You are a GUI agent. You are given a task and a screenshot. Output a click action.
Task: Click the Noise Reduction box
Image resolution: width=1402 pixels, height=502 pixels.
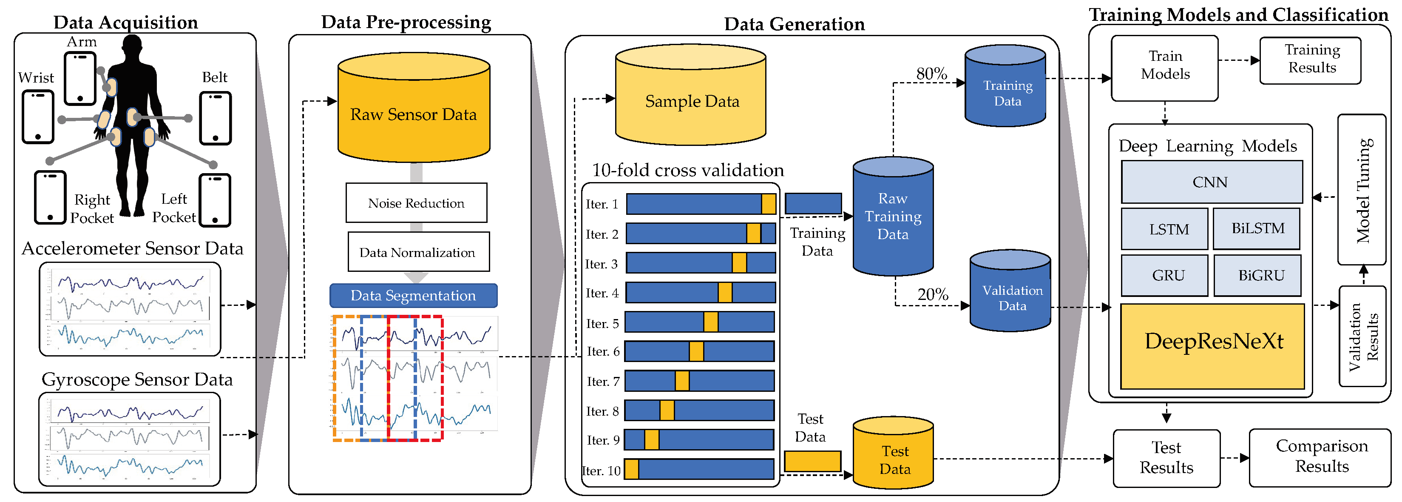(416, 203)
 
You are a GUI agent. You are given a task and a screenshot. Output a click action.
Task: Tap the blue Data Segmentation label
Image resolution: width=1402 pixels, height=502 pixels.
(413, 295)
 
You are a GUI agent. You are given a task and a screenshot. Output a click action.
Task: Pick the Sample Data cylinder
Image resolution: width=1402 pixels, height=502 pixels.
(691, 101)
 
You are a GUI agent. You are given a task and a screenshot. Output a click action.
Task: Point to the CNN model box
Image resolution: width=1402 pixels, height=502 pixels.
(1211, 182)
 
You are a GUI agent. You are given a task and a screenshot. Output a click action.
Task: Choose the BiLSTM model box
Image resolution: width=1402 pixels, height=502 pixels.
(1257, 228)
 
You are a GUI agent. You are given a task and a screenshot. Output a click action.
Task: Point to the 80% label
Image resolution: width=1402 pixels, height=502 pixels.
(931, 74)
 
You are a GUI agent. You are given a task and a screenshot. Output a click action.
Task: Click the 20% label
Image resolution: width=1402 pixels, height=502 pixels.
(932, 294)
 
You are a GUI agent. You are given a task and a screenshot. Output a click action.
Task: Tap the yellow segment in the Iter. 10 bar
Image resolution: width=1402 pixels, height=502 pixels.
(632, 469)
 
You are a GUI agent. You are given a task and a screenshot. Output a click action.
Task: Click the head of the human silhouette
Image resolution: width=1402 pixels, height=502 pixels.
(132, 46)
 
